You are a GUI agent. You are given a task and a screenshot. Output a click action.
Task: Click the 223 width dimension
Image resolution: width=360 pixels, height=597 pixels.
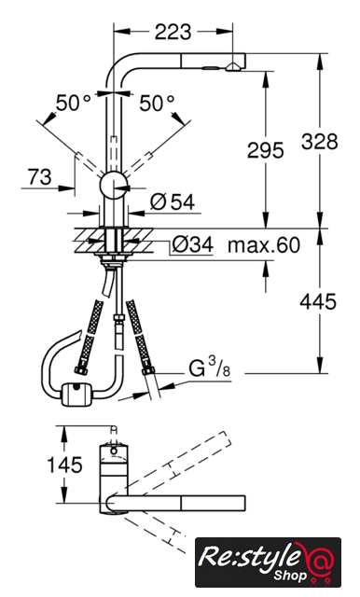[173, 32]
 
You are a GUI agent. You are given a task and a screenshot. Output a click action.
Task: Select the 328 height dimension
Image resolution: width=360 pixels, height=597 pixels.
[320, 141]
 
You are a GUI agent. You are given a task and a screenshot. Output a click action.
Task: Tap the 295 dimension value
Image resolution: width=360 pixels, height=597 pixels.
[265, 150]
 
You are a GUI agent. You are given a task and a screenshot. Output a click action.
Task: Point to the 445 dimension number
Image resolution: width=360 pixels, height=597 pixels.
[318, 302]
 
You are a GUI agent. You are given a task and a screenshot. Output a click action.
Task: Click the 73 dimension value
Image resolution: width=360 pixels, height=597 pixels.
[39, 177]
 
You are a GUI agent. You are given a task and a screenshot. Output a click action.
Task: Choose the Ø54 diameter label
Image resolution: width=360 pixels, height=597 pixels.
[173, 201]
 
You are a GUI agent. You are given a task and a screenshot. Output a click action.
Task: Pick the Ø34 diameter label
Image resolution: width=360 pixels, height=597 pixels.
[192, 244]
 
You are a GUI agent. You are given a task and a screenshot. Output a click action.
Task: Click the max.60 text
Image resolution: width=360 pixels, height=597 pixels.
[264, 244]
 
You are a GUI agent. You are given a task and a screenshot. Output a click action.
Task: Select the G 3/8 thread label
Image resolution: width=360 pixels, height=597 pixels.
[210, 368]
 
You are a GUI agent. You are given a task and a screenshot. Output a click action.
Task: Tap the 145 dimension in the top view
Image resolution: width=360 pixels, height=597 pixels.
[64, 465]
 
